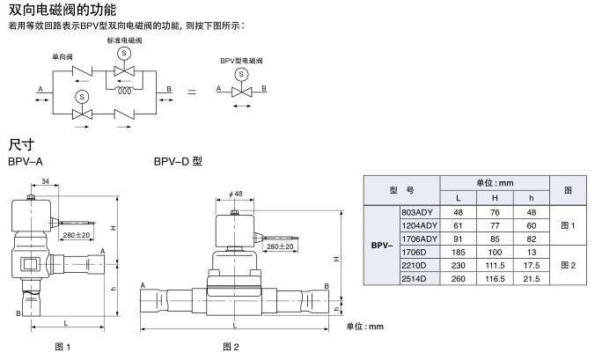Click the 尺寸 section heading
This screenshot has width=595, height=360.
pyautogui.click(x=21, y=143)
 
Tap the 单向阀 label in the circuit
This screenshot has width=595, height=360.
pyautogui.click(x=62, y=58)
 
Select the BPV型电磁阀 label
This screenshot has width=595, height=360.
pyautogui.click(x=240, y=61)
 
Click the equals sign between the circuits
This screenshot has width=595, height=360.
pyautogui.click(x=192, y=91)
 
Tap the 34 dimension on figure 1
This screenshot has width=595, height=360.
pyautogui.click(x=44, y=182)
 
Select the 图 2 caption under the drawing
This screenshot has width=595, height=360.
pyautogui.click(x=231, y=346)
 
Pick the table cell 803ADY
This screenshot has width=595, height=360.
pyautogui.click(x=417, y=213)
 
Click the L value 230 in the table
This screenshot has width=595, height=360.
pyautogui.click(x=458, y=265)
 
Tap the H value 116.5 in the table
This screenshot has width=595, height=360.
pyautogui.click(x=494, y=278)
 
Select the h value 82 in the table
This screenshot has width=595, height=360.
pyautogui.click(x=531, y=239)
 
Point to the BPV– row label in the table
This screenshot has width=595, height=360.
pyautogui.click(x=382, y=246)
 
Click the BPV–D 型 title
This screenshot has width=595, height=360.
pyautogui.click(x=178, y=162)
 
